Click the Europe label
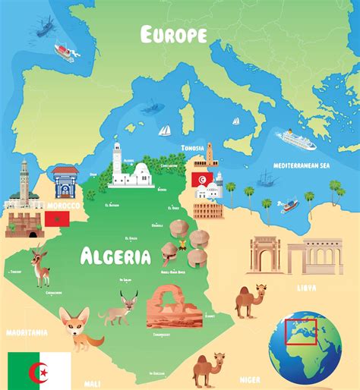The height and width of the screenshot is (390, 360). coord(174,34)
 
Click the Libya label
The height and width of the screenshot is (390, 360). coord(307,288)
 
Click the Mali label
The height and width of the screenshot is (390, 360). coord(92,383)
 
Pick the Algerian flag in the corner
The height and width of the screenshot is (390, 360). coord(38,370)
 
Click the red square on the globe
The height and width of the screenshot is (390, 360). coord(301,332)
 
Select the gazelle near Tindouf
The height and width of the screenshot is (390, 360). coord(40,267)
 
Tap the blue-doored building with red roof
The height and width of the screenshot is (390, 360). coord(65,182)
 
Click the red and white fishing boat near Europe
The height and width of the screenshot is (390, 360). coord(65,51)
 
